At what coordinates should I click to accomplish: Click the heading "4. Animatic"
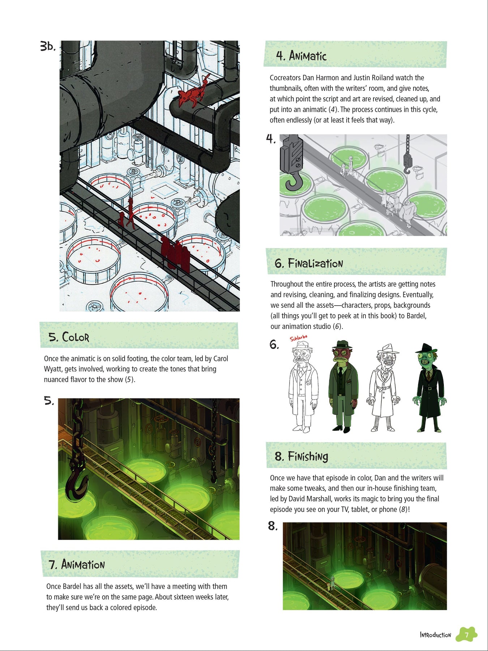301,56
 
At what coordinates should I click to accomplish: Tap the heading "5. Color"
69,337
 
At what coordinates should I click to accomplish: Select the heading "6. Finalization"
309,263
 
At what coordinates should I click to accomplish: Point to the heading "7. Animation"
77,564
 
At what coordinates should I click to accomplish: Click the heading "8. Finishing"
301,456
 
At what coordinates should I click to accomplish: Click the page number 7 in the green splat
467,635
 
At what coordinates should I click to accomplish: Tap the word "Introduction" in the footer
436,635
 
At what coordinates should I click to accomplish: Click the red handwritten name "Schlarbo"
299,338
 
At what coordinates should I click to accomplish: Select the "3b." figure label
48,47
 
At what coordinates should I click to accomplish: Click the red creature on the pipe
194,90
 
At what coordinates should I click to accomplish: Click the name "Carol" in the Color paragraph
221,358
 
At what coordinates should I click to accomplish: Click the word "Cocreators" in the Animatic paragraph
285,78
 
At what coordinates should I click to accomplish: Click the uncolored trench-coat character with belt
384,387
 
